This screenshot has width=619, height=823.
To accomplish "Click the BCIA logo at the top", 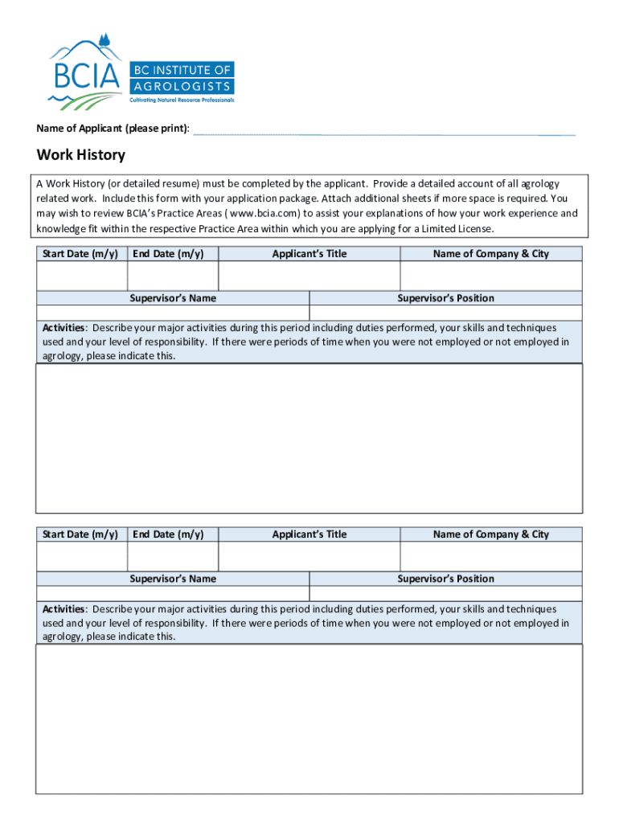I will (x=141, y=72).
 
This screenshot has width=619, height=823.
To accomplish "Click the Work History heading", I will (x=80, y=155).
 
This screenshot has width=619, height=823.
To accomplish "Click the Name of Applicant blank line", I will (x=384, y=131).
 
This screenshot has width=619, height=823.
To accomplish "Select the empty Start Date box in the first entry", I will (x=81, y=276).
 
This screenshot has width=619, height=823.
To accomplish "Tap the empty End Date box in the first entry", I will (x=173, y=276).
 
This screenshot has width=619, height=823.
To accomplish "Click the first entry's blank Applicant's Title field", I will (x=309, y=276).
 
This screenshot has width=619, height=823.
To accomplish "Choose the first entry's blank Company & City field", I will (x=491, y=276).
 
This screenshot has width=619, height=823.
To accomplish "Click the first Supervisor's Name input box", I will (x=173, y=313).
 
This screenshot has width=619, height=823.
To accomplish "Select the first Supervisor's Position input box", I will (x=446, y=313).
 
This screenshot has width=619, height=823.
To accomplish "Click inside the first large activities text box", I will (x=309, y=438).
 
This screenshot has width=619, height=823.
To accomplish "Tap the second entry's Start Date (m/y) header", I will (x=80, y=534).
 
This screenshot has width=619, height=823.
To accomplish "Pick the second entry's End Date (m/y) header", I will (x=168, y=534).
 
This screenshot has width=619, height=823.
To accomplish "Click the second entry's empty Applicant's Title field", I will (x=309, y=556).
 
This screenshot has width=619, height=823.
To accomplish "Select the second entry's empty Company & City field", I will (x=491, y=556).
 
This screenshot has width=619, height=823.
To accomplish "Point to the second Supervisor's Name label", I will (x=173, y=579).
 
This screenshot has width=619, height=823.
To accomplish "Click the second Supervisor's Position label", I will (x=446, y=579).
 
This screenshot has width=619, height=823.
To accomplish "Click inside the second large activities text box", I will (x=309, y=719).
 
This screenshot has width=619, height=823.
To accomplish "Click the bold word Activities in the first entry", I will (x=64, y=328).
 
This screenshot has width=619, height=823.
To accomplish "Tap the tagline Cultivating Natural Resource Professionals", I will (x=182, y=100).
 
